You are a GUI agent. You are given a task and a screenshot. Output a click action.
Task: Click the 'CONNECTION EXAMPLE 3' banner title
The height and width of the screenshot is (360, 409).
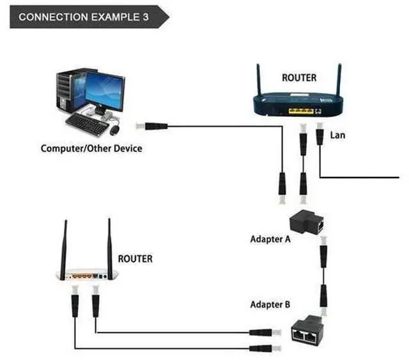click(x=84, y=17)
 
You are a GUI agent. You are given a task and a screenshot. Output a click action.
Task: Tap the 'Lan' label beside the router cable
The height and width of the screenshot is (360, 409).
click(x=337, y=135)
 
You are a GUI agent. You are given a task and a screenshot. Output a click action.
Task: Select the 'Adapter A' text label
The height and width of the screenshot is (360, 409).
click(x=270, y=239)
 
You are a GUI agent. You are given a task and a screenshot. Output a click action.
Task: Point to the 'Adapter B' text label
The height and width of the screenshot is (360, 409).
click(x=270, y=304)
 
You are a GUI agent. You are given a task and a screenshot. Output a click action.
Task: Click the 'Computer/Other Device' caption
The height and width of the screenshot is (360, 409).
click(x=91, y=149)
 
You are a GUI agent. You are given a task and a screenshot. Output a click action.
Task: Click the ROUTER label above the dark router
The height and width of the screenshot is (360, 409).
click(x=299, y=78)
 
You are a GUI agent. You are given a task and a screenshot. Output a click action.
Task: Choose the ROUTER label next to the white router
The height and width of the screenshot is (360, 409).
click(x=135, y=259)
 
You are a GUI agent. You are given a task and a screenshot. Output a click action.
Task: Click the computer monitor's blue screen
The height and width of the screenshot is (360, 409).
click(x=105, y=90)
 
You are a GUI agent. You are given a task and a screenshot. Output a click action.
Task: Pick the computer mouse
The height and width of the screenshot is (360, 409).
click(x=115, y=130)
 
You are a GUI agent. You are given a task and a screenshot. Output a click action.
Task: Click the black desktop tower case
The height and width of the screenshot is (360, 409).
click(x=70, y=91)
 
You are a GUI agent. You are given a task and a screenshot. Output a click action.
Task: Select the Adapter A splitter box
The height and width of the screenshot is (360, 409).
click(x=307, y=221)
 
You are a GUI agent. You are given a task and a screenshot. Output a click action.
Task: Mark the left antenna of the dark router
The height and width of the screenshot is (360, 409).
click(x=258, y=80)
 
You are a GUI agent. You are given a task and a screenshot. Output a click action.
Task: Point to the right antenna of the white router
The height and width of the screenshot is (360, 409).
click(x=109, y=249)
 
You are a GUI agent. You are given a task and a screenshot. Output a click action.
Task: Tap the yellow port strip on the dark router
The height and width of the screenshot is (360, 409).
click(x=301, y=111)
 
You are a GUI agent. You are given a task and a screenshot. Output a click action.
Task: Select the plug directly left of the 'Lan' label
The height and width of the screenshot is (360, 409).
click(x=320, y=133)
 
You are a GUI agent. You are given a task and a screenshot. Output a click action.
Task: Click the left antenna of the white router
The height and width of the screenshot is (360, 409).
click(x=63, y=250)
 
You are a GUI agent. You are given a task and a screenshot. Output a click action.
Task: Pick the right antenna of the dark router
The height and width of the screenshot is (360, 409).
click(x=339, y=80)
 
